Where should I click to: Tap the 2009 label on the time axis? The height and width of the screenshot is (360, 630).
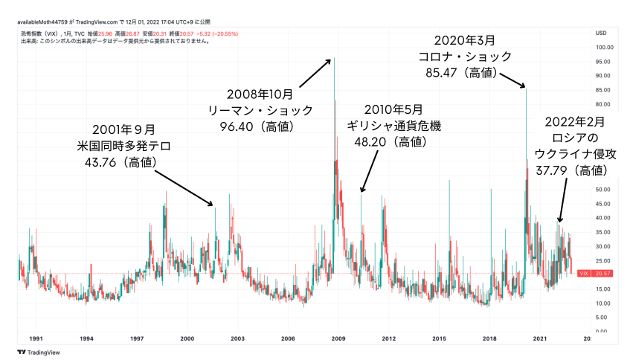(x=338, y=338)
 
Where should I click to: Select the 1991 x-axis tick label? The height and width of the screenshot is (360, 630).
(x=35, y=338)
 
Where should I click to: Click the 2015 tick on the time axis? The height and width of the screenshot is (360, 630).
(x=439, y=338)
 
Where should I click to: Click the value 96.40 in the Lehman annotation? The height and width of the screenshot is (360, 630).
(x=237, y=126)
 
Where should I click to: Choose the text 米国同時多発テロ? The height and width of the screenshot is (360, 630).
(x=125, y=144)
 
